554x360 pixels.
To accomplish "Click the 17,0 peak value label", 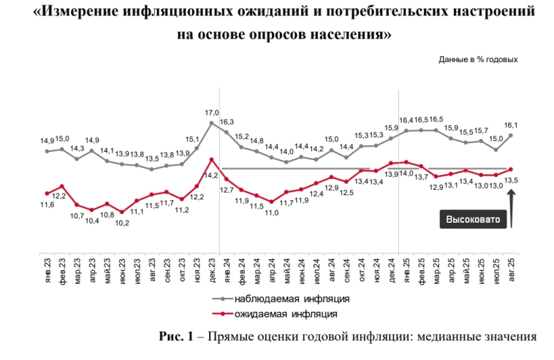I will [x=211, y=112].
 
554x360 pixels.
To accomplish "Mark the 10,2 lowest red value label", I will [x=122, y=223].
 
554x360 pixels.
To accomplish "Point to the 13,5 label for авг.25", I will [x=512, y=180].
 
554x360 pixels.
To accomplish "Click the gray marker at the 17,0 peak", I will [x=211, y=123].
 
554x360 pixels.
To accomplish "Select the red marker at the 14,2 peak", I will [x=211, y=160].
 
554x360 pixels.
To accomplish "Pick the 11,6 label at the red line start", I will [x=47, y=206].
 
